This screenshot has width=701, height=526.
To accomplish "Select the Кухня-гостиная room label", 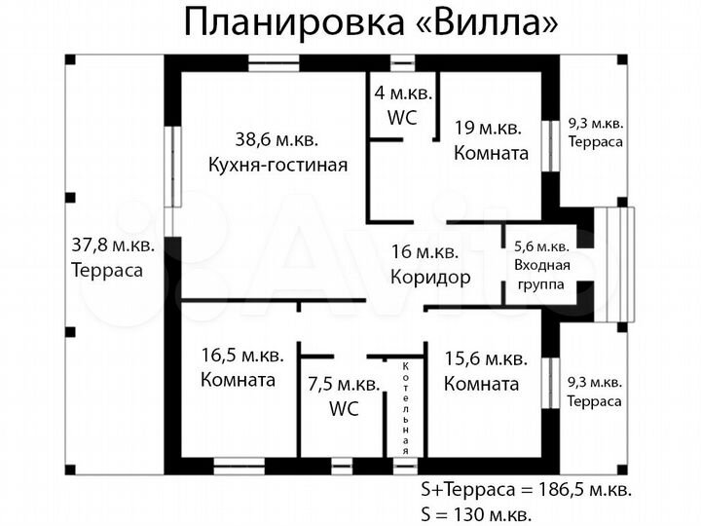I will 277,164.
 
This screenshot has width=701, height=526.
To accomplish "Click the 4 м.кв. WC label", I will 402,106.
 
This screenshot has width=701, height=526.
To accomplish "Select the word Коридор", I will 429,277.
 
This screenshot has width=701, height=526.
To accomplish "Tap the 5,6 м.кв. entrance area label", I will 541,246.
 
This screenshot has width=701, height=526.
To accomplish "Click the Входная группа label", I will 541,273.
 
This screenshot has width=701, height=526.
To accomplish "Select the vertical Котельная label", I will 406,407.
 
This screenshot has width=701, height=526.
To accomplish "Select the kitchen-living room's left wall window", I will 173,166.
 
